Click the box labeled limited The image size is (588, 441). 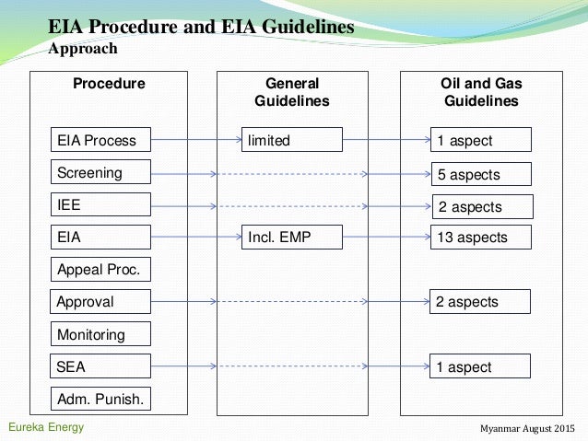pyautogui.click(x=291, y=140)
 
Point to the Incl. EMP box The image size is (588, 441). pyautogui.click(x=291, y=237)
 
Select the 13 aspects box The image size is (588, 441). pyautogui.click(x=480, y=237)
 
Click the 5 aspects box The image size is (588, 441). pyautogui.click(x=480, y=174)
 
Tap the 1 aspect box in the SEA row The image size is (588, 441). pyautogui.click(x=480, y=366)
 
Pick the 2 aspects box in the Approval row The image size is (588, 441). pyautogui.click(x=480, y=301)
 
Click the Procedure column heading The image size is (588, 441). pyautogui.click(x=109, y=84)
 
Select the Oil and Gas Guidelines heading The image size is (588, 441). pyautogui.click(x=480, y=92)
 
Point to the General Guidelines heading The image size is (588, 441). pyautogui.click(x=291, y=92)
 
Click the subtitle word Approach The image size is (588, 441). pyautogui.click(x=83, y=48)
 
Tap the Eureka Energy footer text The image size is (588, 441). pyautogui.click(x=45, y=428)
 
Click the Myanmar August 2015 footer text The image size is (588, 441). pyautogui.click(x=529, y=430)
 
